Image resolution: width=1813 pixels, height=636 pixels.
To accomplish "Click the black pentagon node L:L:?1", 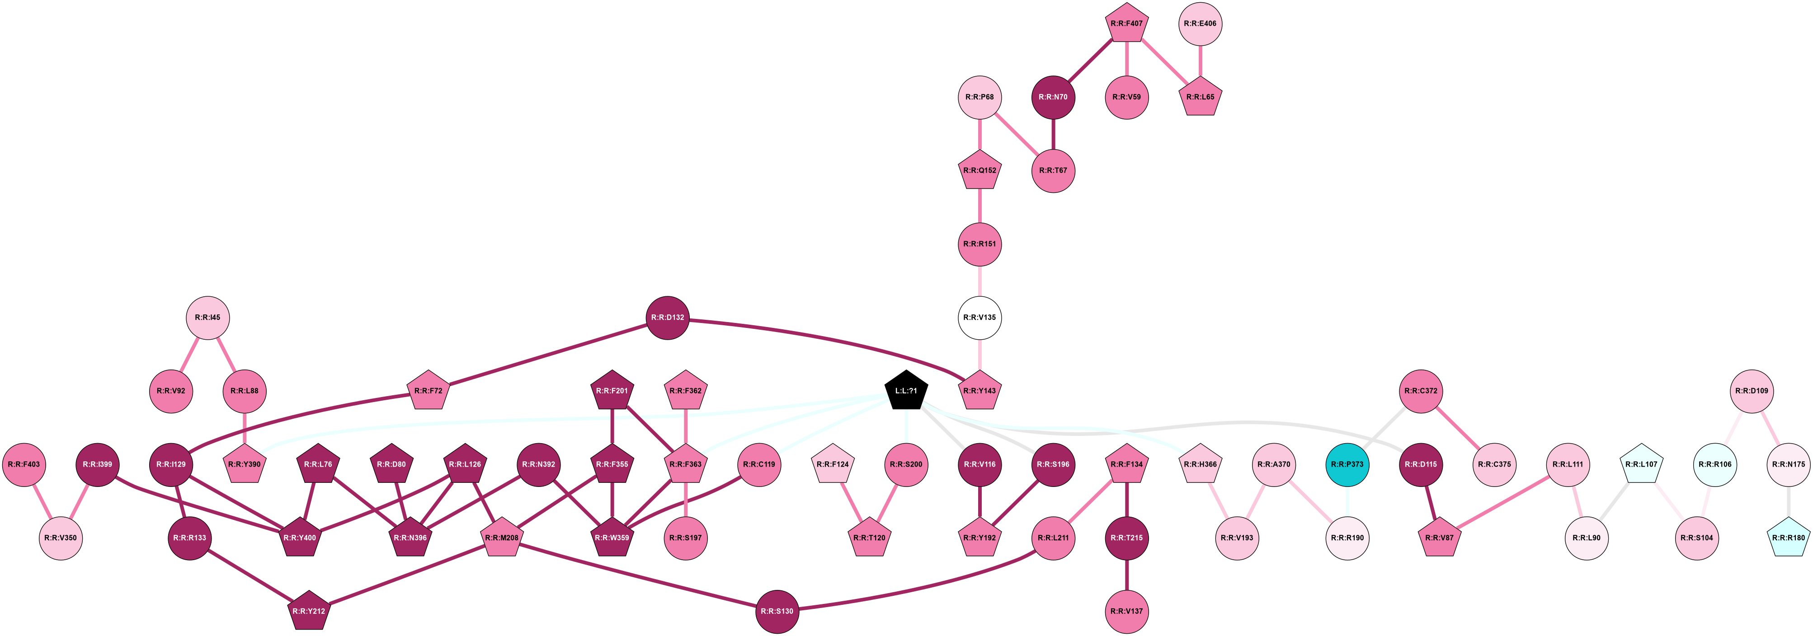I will click(x=906, y=391).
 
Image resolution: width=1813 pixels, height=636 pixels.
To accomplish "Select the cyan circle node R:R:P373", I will click(x=1347, y=464).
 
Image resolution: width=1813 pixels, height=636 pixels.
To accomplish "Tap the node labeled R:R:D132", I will click(x=667, y=317).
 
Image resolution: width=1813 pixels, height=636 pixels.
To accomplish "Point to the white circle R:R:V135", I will click(x=979, y=317).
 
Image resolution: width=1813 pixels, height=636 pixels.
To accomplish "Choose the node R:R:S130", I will click(x=777, y=611).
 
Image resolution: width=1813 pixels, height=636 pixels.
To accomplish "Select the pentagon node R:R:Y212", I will click(x=308, y=611).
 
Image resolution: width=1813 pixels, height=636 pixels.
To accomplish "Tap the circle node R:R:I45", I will click(x=207, y=317).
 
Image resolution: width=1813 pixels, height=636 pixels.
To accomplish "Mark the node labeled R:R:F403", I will click(x=24, y=464).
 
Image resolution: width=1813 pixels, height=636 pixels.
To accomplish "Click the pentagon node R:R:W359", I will click(x=612, y=538).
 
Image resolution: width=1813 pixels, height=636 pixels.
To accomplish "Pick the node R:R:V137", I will click(x=1127, y=611).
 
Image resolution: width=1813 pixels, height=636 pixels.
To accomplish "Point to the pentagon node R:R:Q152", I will click(x=979, y=171).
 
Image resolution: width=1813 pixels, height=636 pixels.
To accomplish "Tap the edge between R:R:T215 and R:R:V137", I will click(x=1127, y=575).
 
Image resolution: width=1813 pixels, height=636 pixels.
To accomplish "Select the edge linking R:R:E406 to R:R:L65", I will click(x=1200, y=61).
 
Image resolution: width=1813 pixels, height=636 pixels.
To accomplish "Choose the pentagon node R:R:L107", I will click(x=1641, y=464).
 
